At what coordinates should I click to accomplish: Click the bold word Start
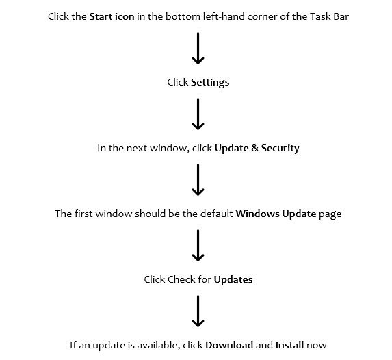click(101, 16)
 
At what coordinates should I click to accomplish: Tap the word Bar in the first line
click(341, 16)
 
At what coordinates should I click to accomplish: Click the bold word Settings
click(210, 83)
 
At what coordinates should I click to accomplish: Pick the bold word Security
click(280, 148)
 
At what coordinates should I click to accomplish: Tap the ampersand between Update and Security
click(254, 148)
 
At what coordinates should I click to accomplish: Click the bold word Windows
click(257, 214)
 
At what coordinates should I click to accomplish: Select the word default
click(216, 214)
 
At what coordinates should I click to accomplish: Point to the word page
click(330, 215)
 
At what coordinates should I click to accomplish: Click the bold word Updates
click(233, 280)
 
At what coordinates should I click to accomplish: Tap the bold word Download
click(229, 345)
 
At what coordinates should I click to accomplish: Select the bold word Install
click(289, 345)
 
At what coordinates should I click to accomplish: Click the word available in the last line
click(159, 346)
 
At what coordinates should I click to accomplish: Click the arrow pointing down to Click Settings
click(198, 49)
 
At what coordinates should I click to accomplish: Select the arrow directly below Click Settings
click(198, 114)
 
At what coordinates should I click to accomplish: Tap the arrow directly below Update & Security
click(198, 180)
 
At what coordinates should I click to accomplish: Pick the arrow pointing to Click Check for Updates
click(198, 246)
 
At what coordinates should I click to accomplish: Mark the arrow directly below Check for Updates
click(198, 311)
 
